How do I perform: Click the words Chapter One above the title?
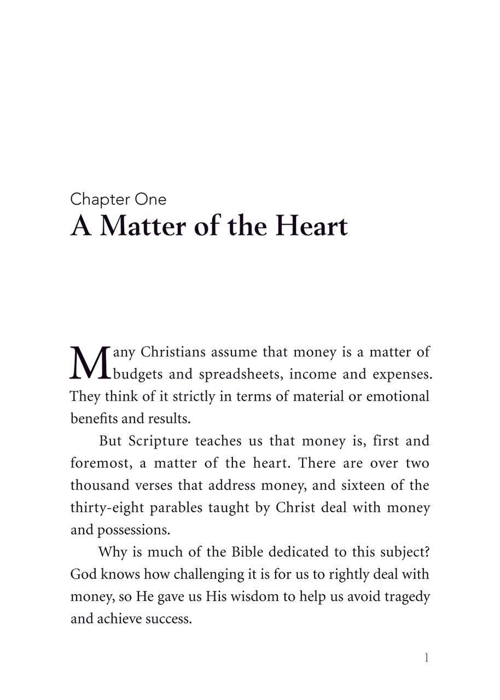pyautogui.click(x=118, y=200)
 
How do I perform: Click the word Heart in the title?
pyautogui.click(x=311, y=226)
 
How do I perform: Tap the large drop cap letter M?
pyautogui.click(x=90, y=363)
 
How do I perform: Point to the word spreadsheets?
pyautogui.click(x=240, y=375)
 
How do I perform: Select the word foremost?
pyautogui.click(x=101, y=463)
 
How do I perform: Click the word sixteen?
pyautogui.click(x=367, y=486)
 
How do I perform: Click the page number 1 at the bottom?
pyautogui.click(x=427, y=658)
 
